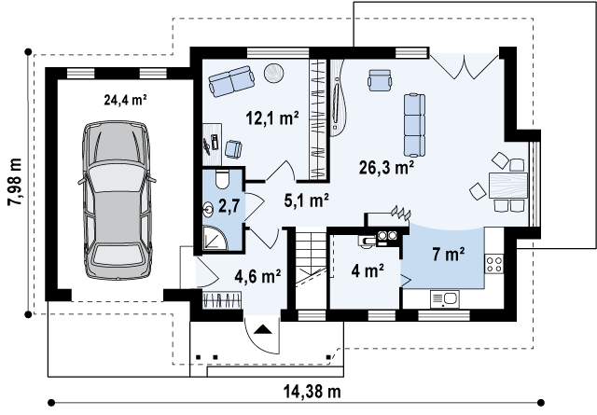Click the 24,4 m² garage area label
tap(126, 100)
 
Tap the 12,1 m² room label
tap(272, 118)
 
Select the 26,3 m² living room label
tap(387, 167)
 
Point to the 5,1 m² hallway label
tap(307, 201)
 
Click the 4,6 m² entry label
tap(258, 276)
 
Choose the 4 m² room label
tap(368, 270)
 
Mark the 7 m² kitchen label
tap(449, 254)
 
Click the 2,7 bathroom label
tap(229, 206)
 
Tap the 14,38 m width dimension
tap(312, 391)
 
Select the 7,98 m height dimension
tap(15, 183)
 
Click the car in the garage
tap(117, 201)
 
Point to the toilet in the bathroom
tap(222, 179)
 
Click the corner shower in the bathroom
tap(215, 239)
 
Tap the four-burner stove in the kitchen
tap(493, 264)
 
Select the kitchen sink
tap(445, 298)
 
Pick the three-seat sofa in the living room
tap(414, 125)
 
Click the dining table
tap(507, 186)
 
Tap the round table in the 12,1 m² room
tap(274, 73)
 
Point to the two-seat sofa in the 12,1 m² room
tap(231, 81)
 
